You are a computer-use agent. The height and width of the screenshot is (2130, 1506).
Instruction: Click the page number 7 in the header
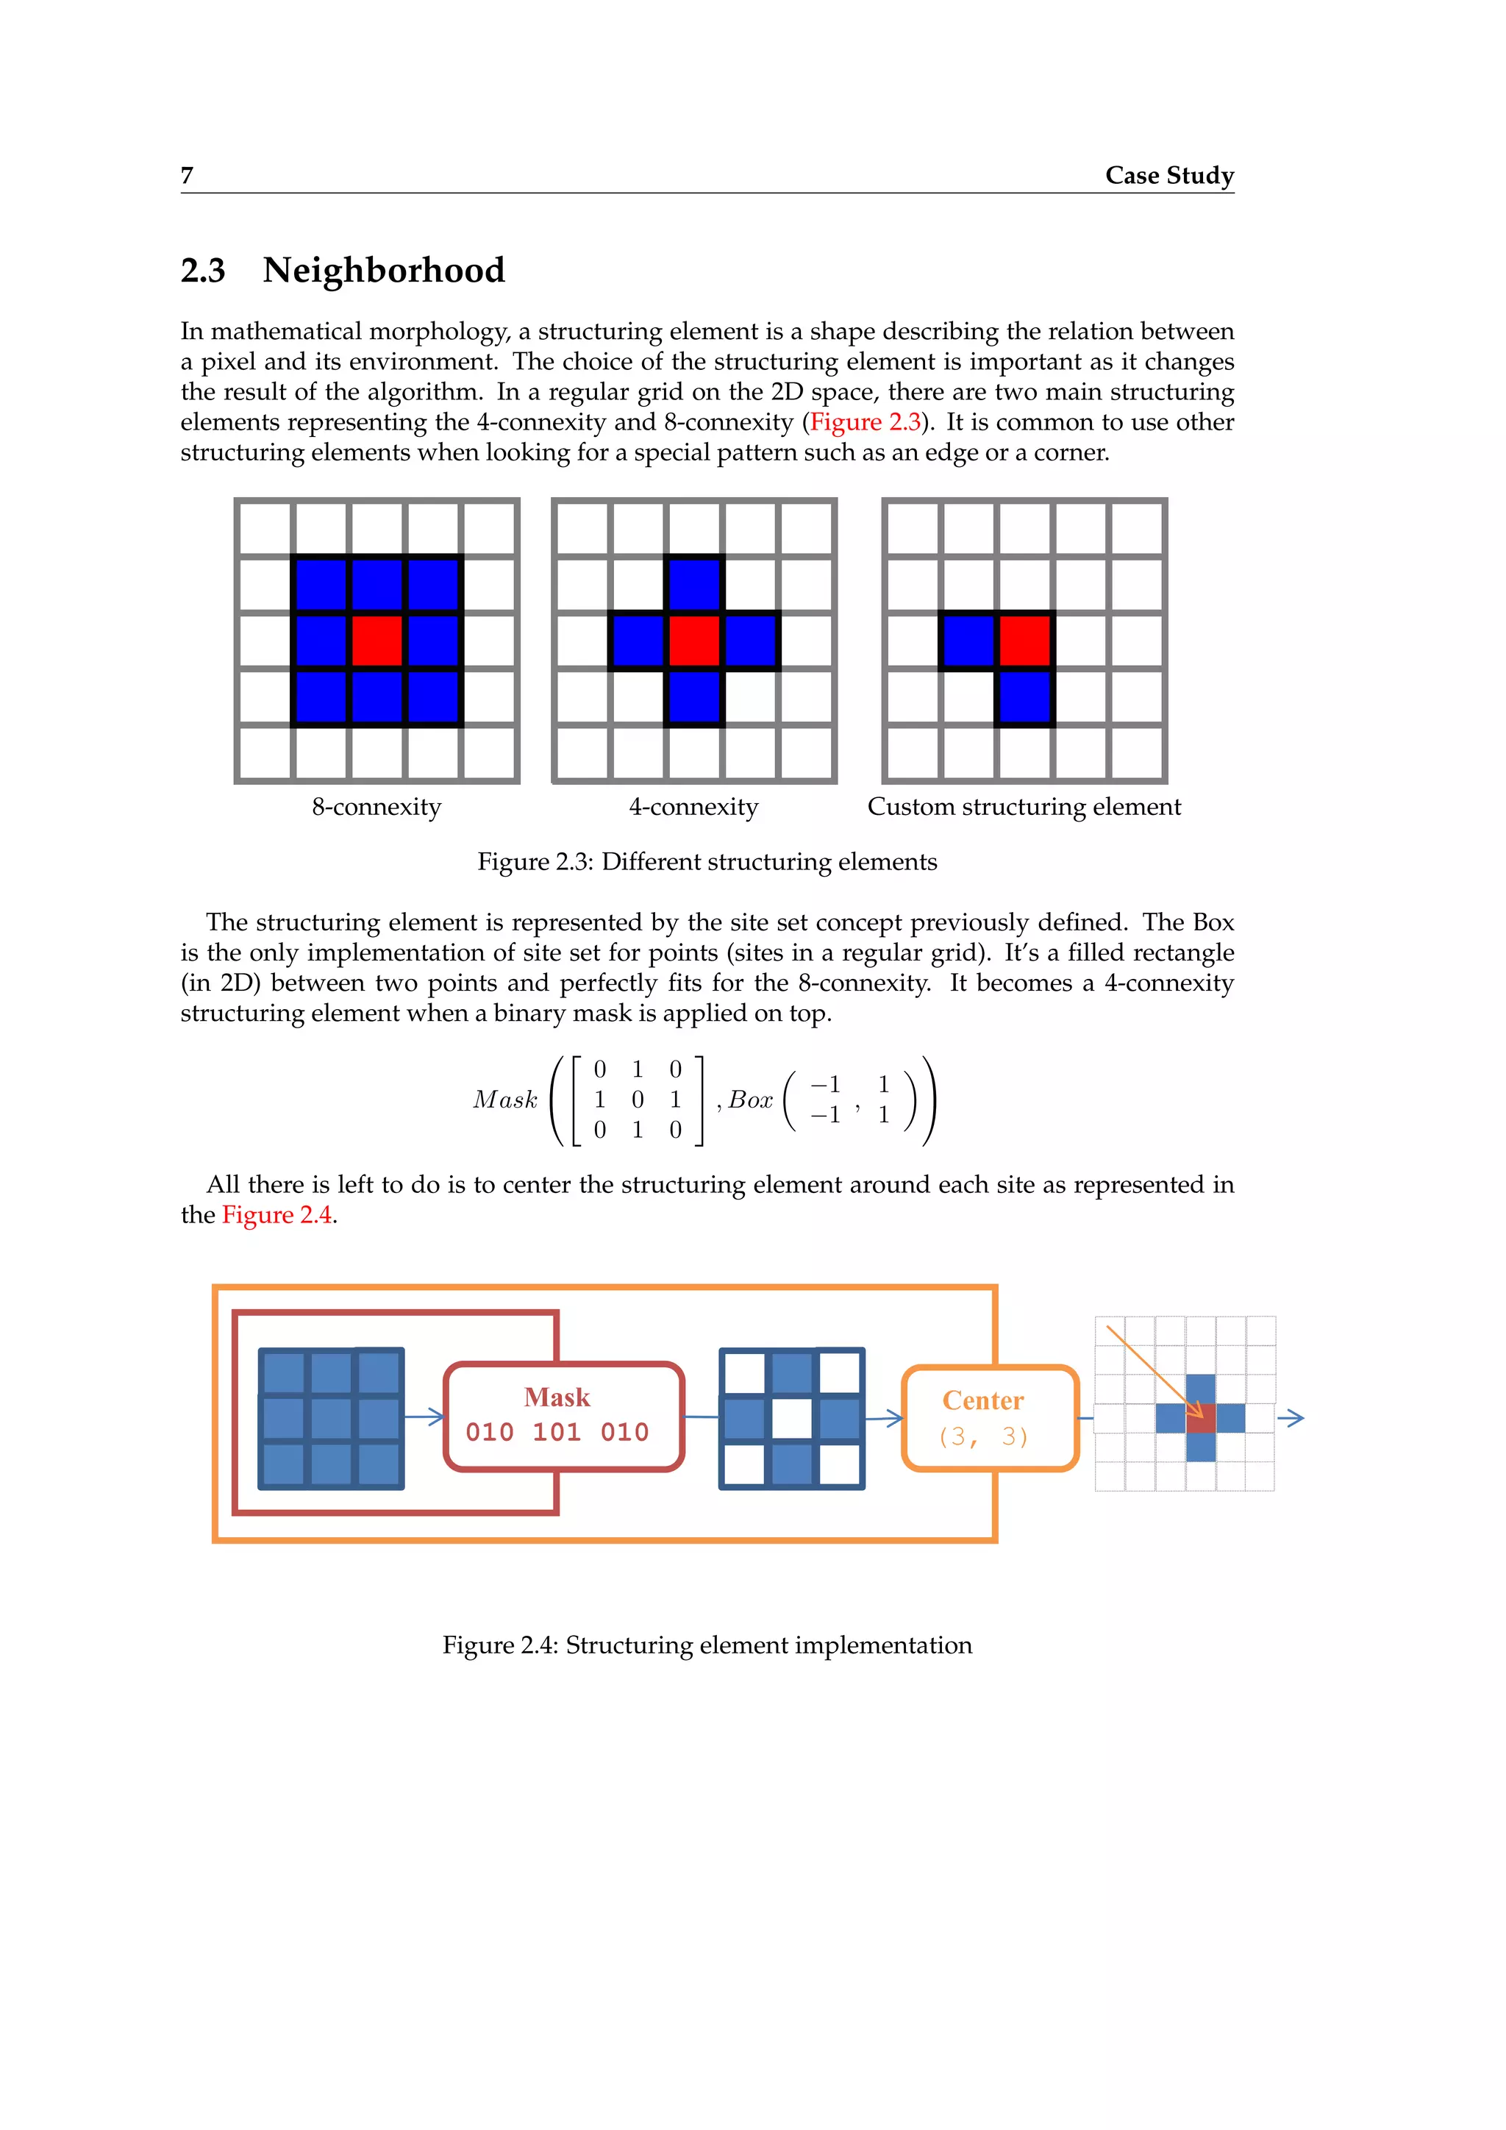coord(186,175)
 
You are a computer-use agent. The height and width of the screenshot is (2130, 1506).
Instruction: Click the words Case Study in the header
coord(1168,175)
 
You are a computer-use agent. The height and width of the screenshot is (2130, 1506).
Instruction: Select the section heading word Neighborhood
coord(383,270)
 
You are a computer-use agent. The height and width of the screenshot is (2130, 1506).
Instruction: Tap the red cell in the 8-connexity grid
coord(376,640)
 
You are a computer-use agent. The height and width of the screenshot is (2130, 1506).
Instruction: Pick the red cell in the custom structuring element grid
coord(1024,640)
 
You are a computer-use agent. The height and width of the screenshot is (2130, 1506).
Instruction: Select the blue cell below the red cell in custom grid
coord(1024,696)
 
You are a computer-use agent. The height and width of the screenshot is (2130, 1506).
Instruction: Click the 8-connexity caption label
coord(376,807)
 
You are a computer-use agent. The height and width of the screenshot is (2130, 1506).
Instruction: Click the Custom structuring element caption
coord(1024,807)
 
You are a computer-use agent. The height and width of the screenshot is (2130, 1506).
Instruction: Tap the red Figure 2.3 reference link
coord(866,422)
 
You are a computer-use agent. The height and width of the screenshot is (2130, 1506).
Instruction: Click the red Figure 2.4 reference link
coord(276,1215)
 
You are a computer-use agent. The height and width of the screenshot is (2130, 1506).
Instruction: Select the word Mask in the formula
coord(505,1100)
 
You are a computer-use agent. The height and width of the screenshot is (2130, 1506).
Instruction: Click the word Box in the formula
coord(750,1100)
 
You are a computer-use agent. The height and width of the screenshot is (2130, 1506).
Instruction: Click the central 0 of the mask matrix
coord(637,1100)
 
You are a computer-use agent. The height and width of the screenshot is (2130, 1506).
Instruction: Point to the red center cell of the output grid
coord(1200,1417)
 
